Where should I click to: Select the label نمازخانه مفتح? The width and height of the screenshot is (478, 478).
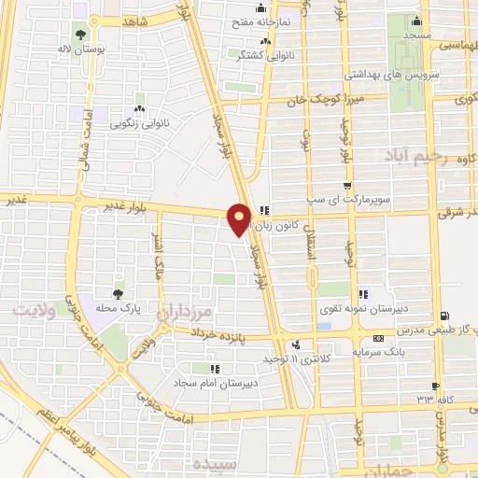286,19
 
